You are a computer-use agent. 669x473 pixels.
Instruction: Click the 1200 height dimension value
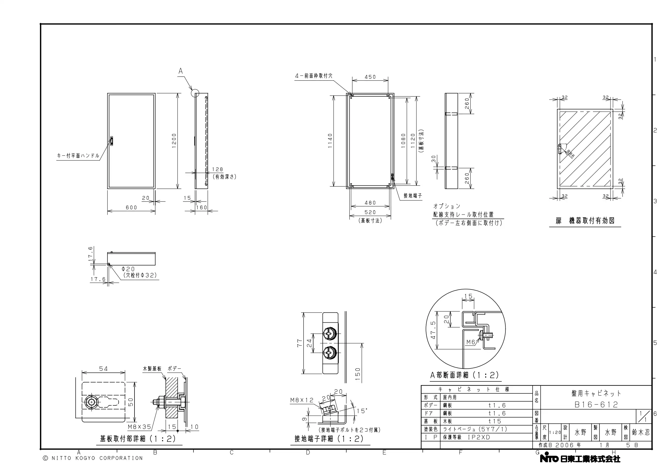click(x=174, y=141)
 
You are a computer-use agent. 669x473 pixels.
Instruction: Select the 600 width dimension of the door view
click(x=132, y=208)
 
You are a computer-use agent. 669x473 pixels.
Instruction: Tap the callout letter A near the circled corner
click(x=181, y=71)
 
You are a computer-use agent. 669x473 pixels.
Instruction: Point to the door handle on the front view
click(x=112, y=141)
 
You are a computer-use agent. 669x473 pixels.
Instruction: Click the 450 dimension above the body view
click(x=370, y=77)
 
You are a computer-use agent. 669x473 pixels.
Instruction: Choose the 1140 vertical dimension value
click(x=330, y=141)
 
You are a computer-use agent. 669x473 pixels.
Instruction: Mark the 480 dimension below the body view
click(x=370, y=203)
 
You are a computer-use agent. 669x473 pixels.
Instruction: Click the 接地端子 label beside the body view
click(x=413, y=196)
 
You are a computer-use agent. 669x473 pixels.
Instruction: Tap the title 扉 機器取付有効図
click(x=585, y=221)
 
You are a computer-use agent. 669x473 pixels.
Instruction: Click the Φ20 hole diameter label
click(x=128, y=269)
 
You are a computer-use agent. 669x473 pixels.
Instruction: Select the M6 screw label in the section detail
click(x=471, y=342)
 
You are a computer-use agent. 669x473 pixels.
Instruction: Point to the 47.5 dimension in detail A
click(x=433, y=330)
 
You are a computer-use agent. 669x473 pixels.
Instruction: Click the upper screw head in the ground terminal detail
click(x=330, y=334)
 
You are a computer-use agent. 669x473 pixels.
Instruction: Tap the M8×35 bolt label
click(x=140, y=427)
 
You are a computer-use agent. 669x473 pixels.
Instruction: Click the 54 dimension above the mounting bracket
click(x=104, y=369)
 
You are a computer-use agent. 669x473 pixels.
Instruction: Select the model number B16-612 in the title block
click(x=596, y=405)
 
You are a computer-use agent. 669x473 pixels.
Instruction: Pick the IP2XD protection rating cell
click(x=479, y=437)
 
